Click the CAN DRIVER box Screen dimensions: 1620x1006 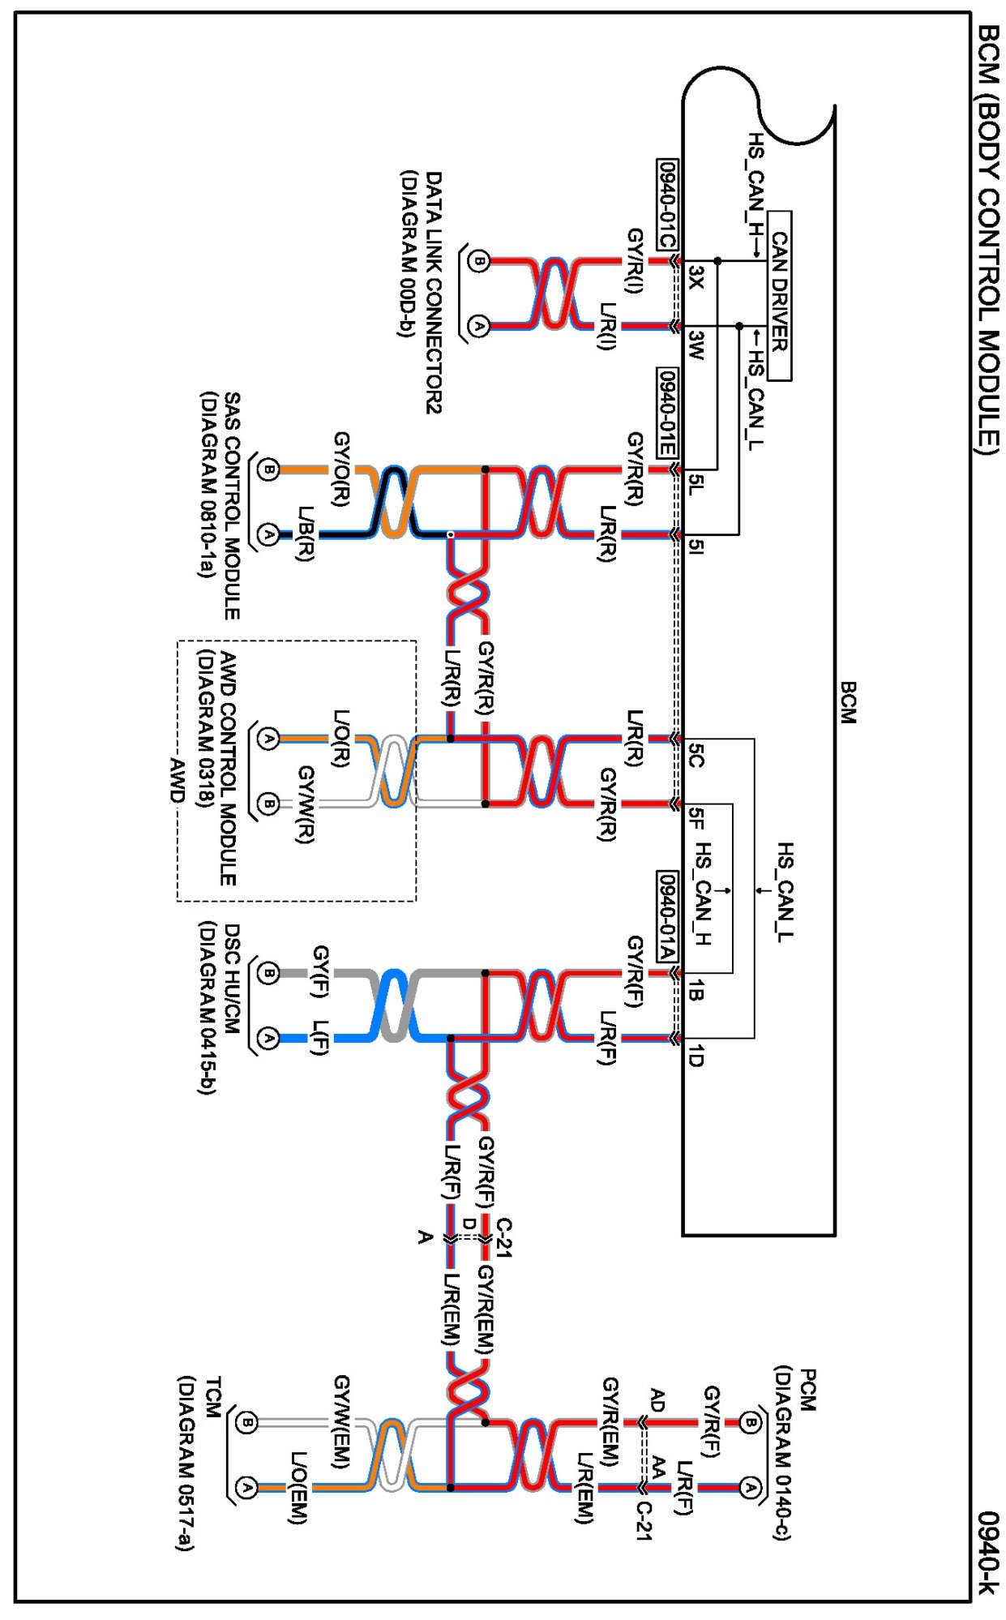pyautogui.click(x=779, y=295)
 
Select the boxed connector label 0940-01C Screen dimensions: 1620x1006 pyautogui.click(x=666, y=204)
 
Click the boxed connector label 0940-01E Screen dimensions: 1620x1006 pyautogui.click(x=666, y=413)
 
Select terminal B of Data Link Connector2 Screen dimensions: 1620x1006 pyautogui.click(x=479, y=261)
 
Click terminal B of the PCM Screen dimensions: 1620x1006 pyautogui.click(x=751, y=1422)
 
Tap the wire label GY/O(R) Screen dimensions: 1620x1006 pyautogui.click(x=341, y=469)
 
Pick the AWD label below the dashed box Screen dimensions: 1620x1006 pyautogui.click(x=177, y=780)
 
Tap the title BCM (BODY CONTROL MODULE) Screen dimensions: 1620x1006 pyautogui.click(x=988, y=239)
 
